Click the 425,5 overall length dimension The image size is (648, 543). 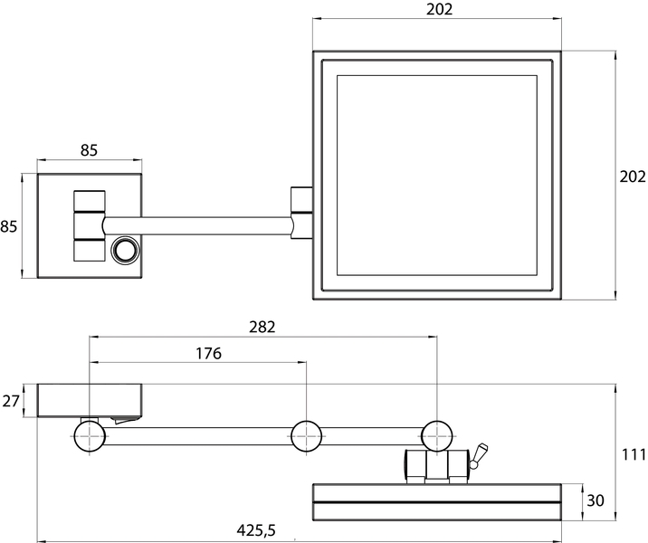coord(256,529)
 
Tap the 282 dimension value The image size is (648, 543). coord(262,327)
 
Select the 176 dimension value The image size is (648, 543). coord(209,353)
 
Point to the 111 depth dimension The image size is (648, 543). coord(634,454)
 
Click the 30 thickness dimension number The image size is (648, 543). coord(596,500)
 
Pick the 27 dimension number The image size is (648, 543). coord(11,400)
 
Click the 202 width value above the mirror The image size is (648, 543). coord(439,9)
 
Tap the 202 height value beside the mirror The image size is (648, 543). coord(633,176)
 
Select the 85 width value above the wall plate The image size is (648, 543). coord(89,150)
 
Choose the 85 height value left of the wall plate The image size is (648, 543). coord(9,226)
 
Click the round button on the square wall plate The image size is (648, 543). coord(125,250)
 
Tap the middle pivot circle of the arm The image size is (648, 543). coord(306,436)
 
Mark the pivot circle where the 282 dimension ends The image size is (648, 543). coord(437,436)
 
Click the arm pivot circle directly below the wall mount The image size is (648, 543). coord(90,436)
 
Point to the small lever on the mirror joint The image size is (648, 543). coord(480,456)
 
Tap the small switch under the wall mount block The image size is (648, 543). coord(125,421)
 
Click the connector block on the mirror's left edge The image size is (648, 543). coord(301,213)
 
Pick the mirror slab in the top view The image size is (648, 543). coord(437,501)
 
